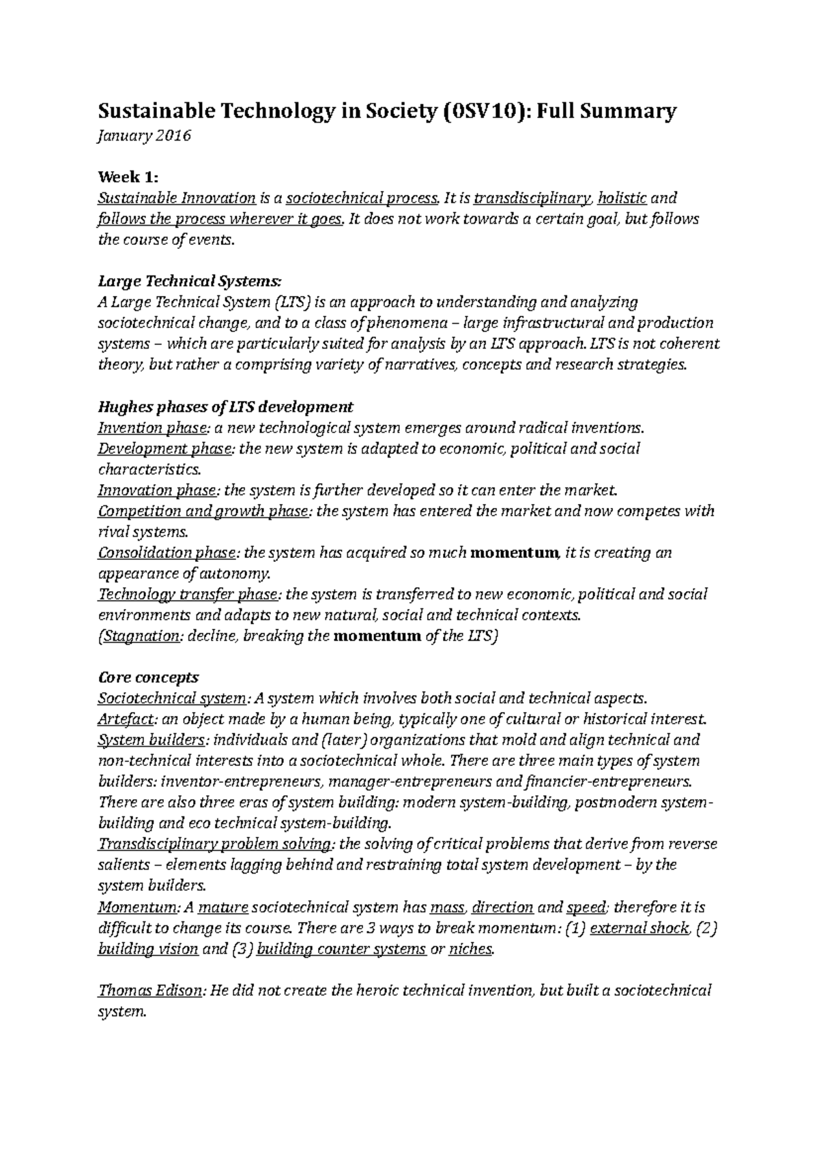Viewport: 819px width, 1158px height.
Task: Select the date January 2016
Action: tap(145, 136)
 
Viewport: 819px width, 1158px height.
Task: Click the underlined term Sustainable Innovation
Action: tap(177, 198)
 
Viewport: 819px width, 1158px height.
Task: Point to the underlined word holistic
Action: tap(622, 198)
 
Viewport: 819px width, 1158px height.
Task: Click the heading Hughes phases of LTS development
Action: tap(226, 407)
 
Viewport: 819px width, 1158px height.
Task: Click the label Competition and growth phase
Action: tap(203, 511)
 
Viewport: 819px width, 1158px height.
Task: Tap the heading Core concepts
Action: tap(149, 677)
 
